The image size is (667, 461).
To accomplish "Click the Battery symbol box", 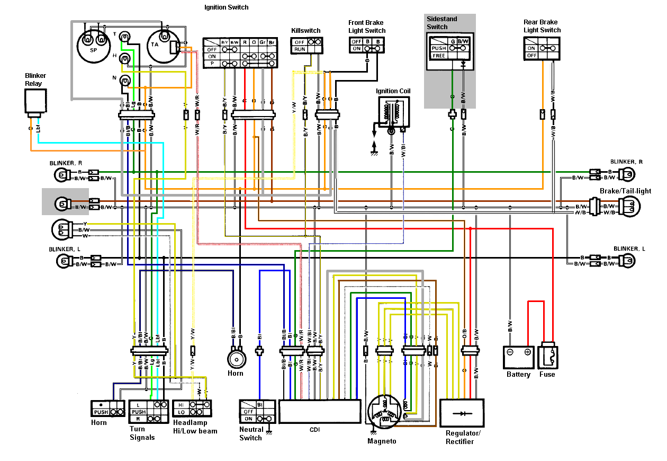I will [x=518, y=357].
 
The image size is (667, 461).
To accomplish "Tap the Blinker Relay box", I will [x=35, y=102].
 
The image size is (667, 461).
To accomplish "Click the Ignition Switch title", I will [x=226, y=7].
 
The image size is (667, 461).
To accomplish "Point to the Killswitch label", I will [x=305, y=31].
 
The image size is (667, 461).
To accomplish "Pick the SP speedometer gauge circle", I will [x=93, y=46].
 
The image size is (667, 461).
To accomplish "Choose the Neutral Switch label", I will [x=250, y=433].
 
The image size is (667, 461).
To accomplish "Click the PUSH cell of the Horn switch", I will [x=101, y=412].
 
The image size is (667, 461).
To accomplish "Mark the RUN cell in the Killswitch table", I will [x=299, y=49].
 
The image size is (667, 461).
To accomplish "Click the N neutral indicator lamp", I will [x=125, y=81].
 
